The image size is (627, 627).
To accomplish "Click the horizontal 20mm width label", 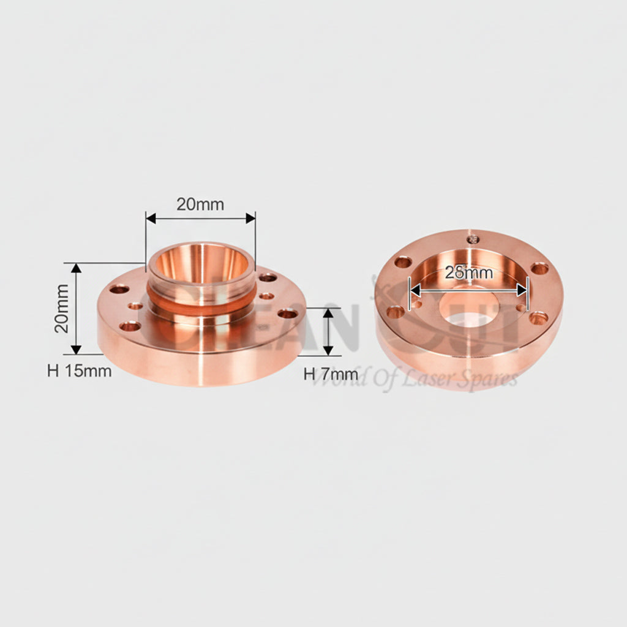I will coord(200,205).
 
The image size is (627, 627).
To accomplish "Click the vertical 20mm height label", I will coord(62,308).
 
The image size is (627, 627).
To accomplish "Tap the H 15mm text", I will coord(80,370).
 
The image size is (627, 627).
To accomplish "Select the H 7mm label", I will coord(331,374).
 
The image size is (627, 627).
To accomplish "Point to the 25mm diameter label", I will coord(468,273).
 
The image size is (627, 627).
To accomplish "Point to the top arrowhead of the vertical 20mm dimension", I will coord(76,268).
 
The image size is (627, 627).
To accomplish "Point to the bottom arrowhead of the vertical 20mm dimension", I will coord(76,349).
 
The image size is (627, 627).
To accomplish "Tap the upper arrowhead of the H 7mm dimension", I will coord(329,313).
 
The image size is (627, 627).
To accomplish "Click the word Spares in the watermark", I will coord(492,380).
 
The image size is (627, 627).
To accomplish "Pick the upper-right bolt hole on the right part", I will coord(539,268).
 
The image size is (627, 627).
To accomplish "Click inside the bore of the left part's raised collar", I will coord(200,263).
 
